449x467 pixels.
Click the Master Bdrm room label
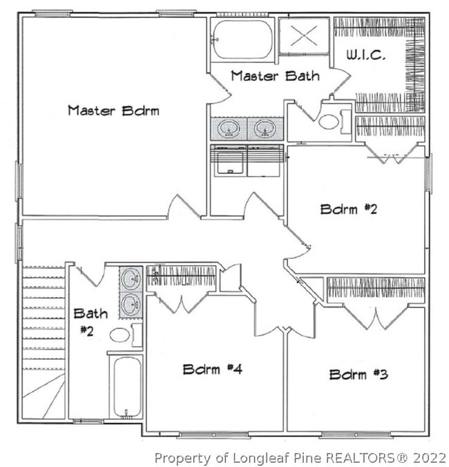113,111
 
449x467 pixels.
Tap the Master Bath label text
276,76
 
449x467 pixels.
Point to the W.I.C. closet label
366,55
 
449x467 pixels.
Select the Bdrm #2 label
349,209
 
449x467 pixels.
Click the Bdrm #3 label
359,374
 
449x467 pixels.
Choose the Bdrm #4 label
212,370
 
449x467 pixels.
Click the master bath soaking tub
243,39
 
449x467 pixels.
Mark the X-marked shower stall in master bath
304,35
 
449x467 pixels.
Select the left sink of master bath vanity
229,128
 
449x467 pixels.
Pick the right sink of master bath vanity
265,128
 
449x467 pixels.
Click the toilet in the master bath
334,122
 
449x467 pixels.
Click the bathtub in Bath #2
127,387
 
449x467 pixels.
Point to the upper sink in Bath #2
131,278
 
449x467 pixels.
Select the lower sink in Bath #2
131,305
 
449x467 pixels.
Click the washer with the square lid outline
229,161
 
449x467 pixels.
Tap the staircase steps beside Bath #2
44,343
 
